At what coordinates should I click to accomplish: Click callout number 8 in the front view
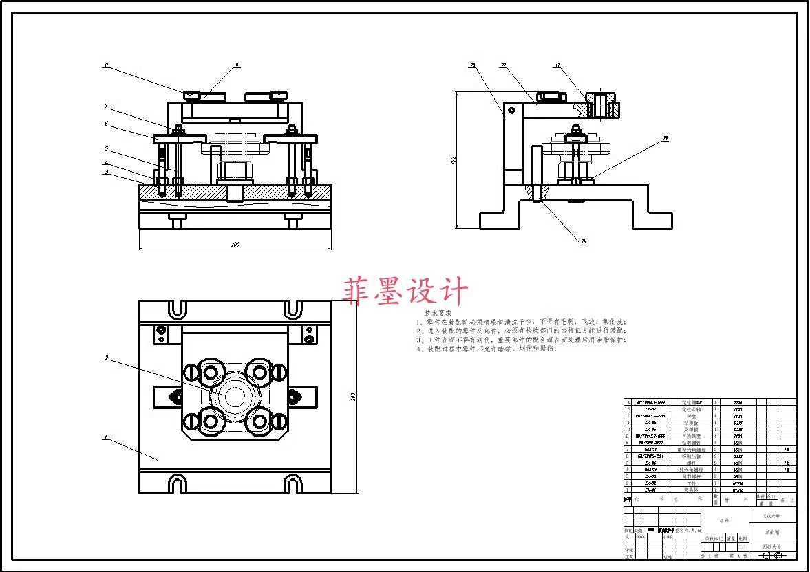click(x=106, y=66)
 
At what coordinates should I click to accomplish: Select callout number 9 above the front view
click(x=236, y=65)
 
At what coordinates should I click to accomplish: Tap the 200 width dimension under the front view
click(x=235, y=244)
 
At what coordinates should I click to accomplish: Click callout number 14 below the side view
click(x=584, y=241)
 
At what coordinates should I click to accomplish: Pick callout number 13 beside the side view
click(x=665, y=139)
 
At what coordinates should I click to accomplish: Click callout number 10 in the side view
click(x=472, y=66)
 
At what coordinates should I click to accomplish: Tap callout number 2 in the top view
click(x=107, y=357)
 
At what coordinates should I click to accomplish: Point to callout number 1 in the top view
click(x=106, y=437)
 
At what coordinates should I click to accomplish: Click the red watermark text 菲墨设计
click(x=406, y=291)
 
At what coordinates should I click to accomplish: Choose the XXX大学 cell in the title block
click(x=771, y=516)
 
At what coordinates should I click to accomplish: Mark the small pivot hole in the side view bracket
click(x=511, y=109)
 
